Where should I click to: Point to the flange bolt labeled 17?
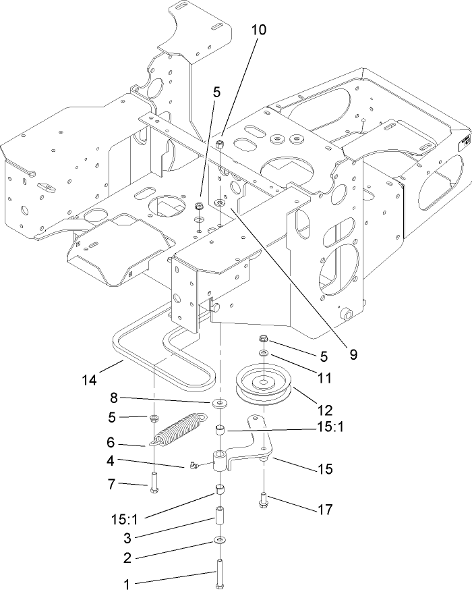pyautogui.click(x=262, y=500)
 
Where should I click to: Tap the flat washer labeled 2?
pyautogui.click(x=220, y=540)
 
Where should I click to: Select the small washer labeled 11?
pyautogui.click(x=264, y=353)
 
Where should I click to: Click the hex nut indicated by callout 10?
pyautogui.click(x=220, y=144)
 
